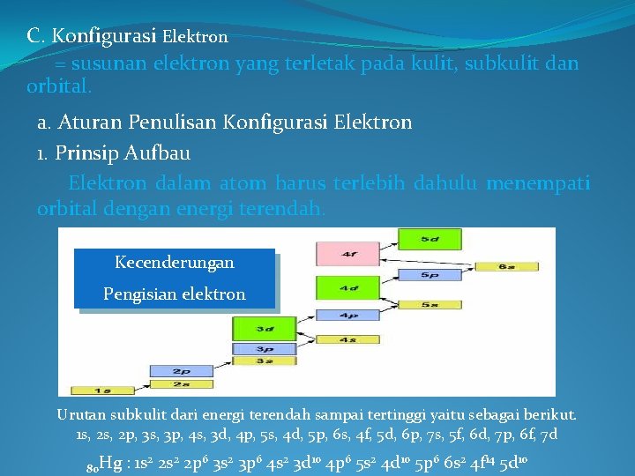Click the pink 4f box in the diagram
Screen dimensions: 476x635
[348, 254]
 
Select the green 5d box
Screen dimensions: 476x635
[429, 238]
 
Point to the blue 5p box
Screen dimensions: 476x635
[430, 275]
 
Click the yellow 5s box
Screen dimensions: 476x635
[430, 304]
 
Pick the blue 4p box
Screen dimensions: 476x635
[348, 316]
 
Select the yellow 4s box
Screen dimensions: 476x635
[348, 338]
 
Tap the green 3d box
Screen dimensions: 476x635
[265, 328]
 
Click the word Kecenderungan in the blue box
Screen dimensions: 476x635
[175, 263]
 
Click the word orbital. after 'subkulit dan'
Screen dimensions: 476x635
[59, 87]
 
